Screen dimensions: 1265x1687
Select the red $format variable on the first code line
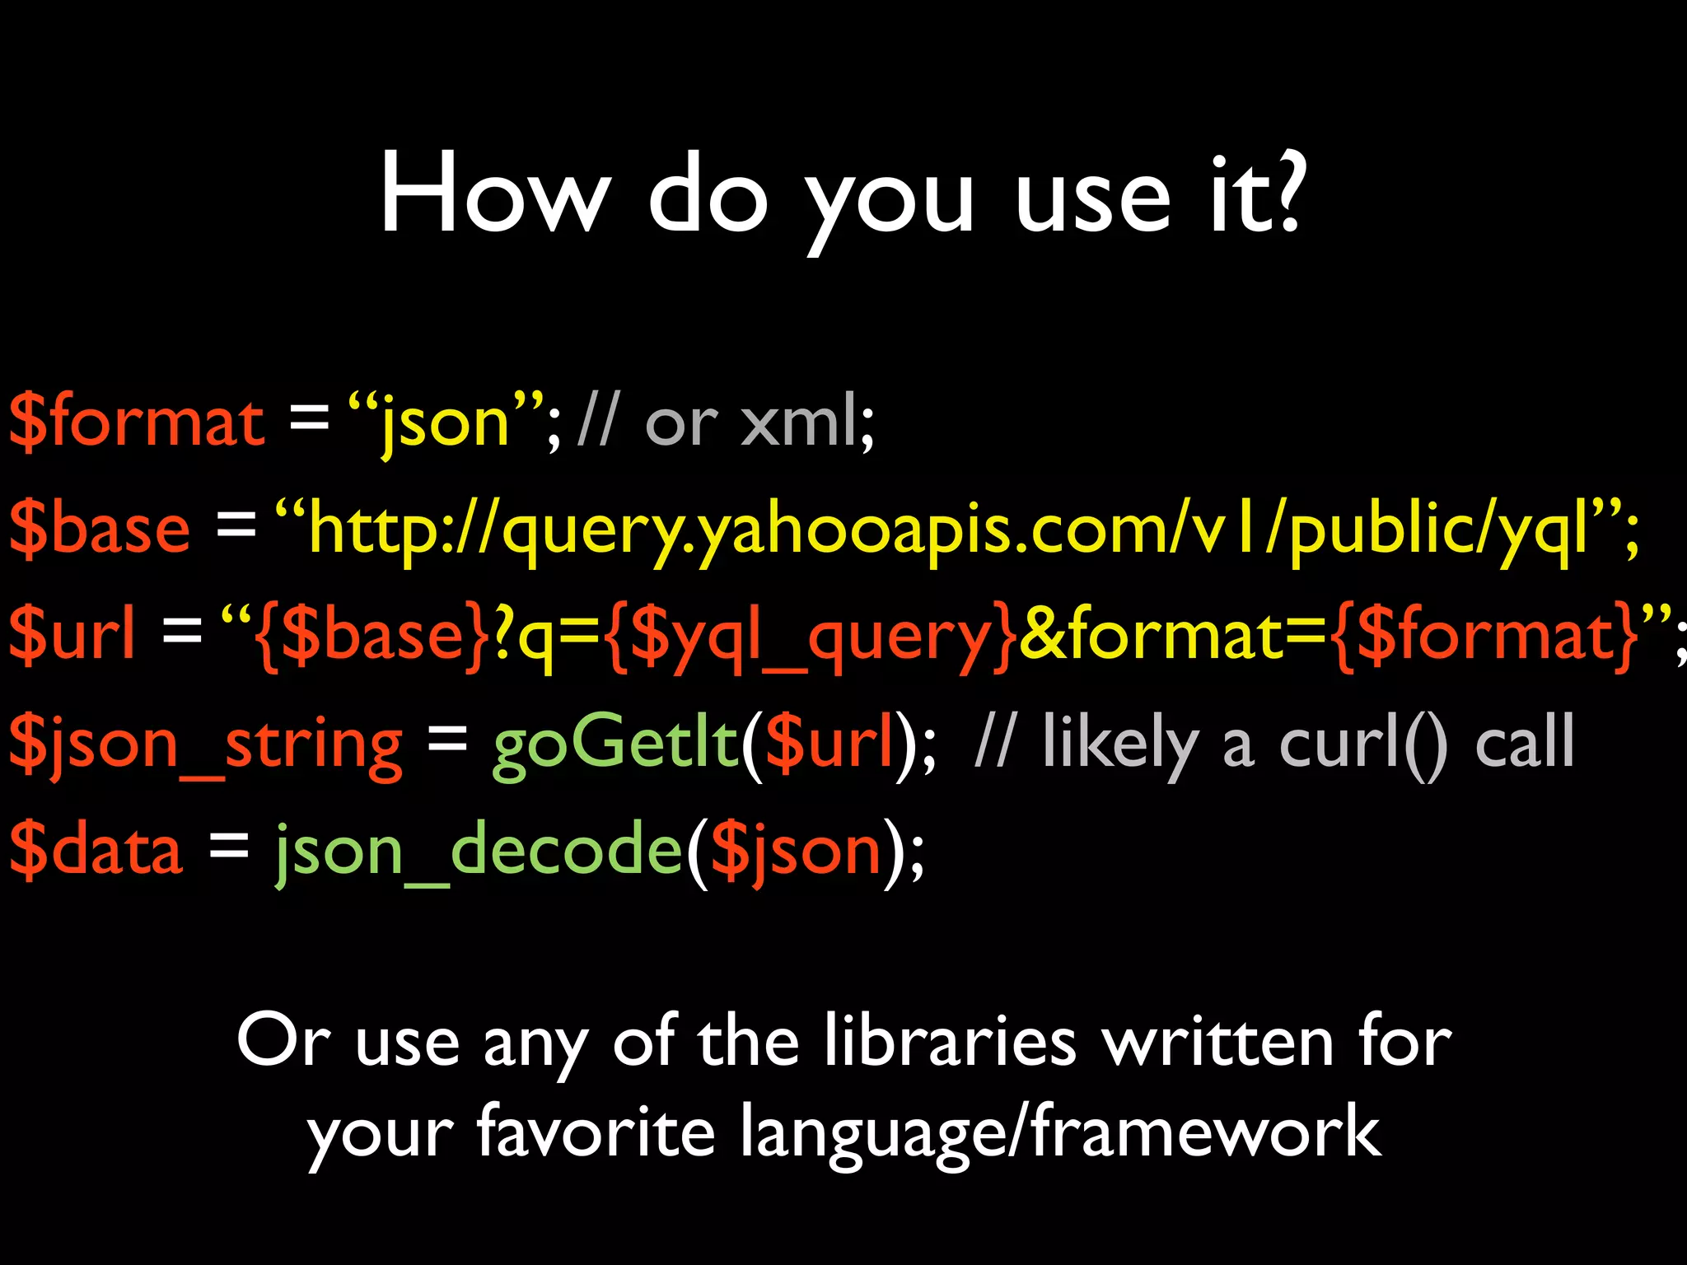[137, 422]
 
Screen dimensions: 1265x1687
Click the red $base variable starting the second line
[100, 528]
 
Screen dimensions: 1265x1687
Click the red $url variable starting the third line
[72, 634]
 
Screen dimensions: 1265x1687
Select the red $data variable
[96, 849]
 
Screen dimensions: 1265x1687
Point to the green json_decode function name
[479, 851]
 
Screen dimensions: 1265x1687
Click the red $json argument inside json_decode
[796, 851]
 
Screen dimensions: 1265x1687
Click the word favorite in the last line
[596, 1133]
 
